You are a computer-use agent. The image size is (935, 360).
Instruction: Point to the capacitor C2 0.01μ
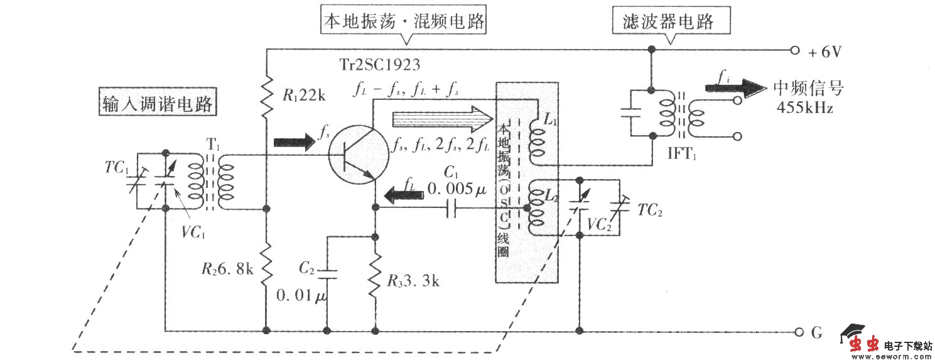(327, 274)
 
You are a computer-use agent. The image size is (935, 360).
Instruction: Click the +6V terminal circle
(795, 50)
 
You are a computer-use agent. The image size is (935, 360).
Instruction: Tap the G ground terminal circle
(799, 331)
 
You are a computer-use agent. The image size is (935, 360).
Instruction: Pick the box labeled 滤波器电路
(672, 23)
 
